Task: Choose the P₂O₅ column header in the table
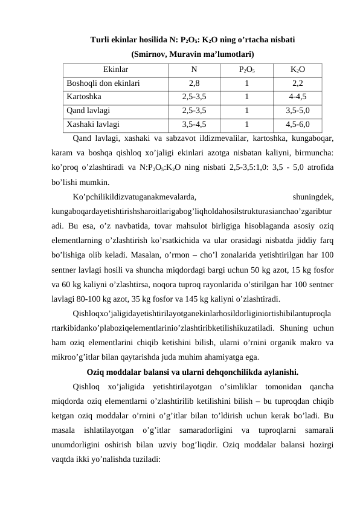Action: click(x=246, y=70)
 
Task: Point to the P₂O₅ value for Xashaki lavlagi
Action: click(x=246, y=125)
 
